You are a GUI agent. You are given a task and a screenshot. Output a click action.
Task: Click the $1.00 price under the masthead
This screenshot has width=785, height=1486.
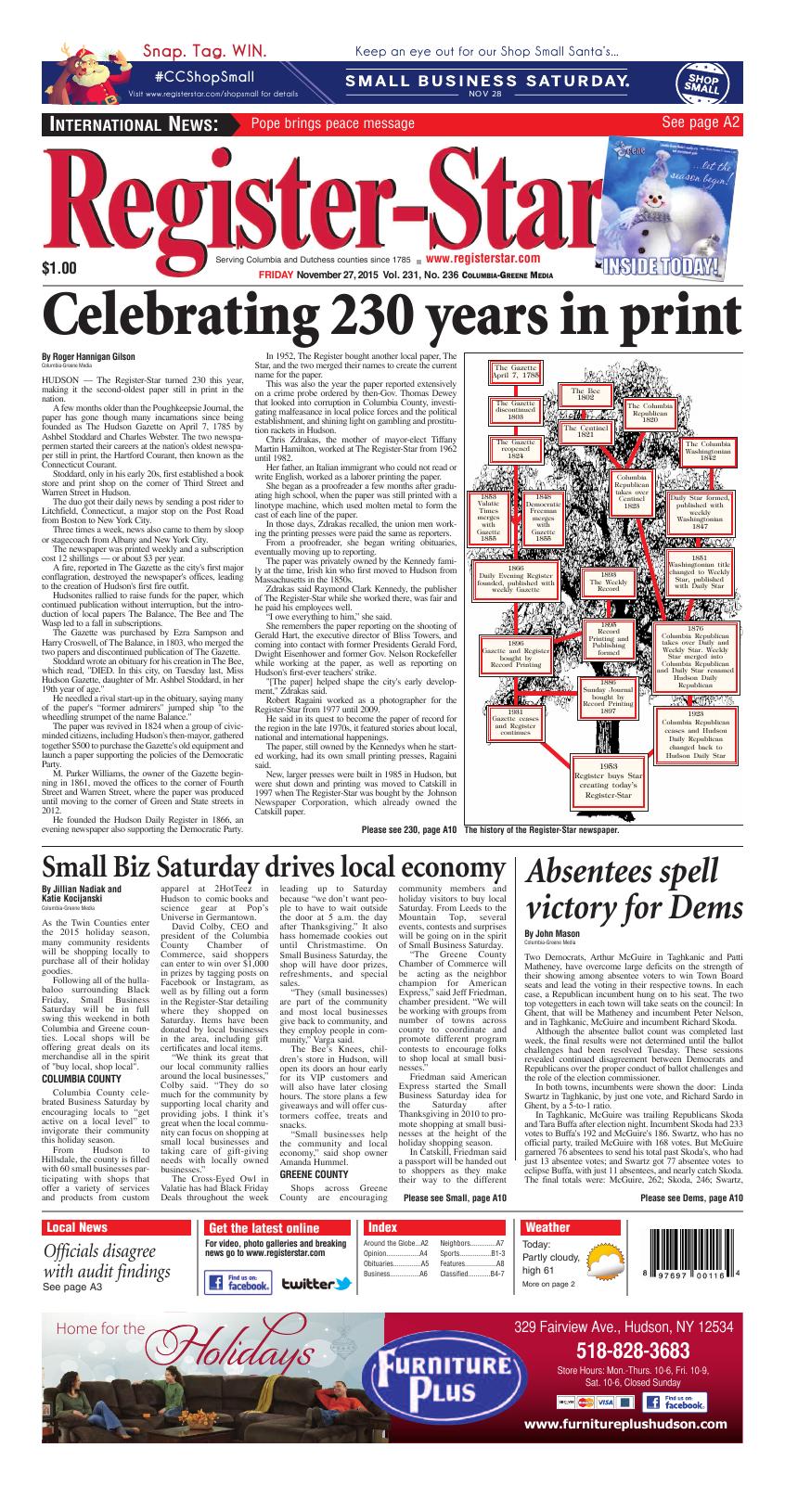pos(59,269)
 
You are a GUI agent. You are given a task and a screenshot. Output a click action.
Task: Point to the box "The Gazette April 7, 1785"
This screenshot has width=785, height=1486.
pos(516,373)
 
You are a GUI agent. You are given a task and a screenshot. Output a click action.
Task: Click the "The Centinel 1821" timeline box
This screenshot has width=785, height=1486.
pos(586,430)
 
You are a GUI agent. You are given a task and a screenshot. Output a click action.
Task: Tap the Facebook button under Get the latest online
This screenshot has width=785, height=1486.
pos(238,1283)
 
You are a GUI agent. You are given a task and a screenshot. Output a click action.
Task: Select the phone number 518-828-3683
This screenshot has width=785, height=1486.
pos(621,1350)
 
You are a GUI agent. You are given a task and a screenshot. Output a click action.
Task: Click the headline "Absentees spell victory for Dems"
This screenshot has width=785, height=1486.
pos(622,887)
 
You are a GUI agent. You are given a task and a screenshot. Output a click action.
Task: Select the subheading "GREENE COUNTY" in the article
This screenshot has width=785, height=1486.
pos(314,1173)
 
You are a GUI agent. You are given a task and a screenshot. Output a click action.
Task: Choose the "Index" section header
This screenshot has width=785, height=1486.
pos(382,1227)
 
